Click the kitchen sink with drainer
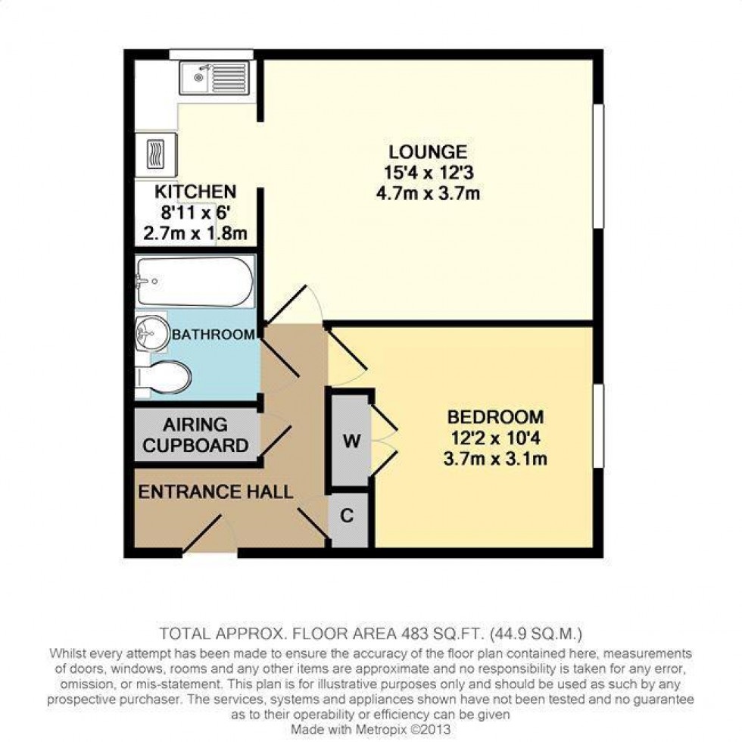tap(214, 77)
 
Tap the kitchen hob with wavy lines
tap(156, 154)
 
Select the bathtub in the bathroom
tap(195, 282)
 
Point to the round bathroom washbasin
tap(152, 333)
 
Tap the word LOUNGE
tap(428, 152)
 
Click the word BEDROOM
tap(495, 417)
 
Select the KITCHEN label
tap(195, 192)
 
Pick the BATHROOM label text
tap(214, 335)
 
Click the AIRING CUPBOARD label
tap(195, 435)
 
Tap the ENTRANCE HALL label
tap(215, 492)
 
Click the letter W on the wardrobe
tap(351, 441)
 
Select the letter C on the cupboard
tap(347, 516)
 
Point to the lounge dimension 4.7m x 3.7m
tap(428, 194)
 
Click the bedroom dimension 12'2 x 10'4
tap(495, 438)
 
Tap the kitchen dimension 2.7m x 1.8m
tap(195, 233)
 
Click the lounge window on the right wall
tap(599, 166)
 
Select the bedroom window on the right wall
tap(599, 426)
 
